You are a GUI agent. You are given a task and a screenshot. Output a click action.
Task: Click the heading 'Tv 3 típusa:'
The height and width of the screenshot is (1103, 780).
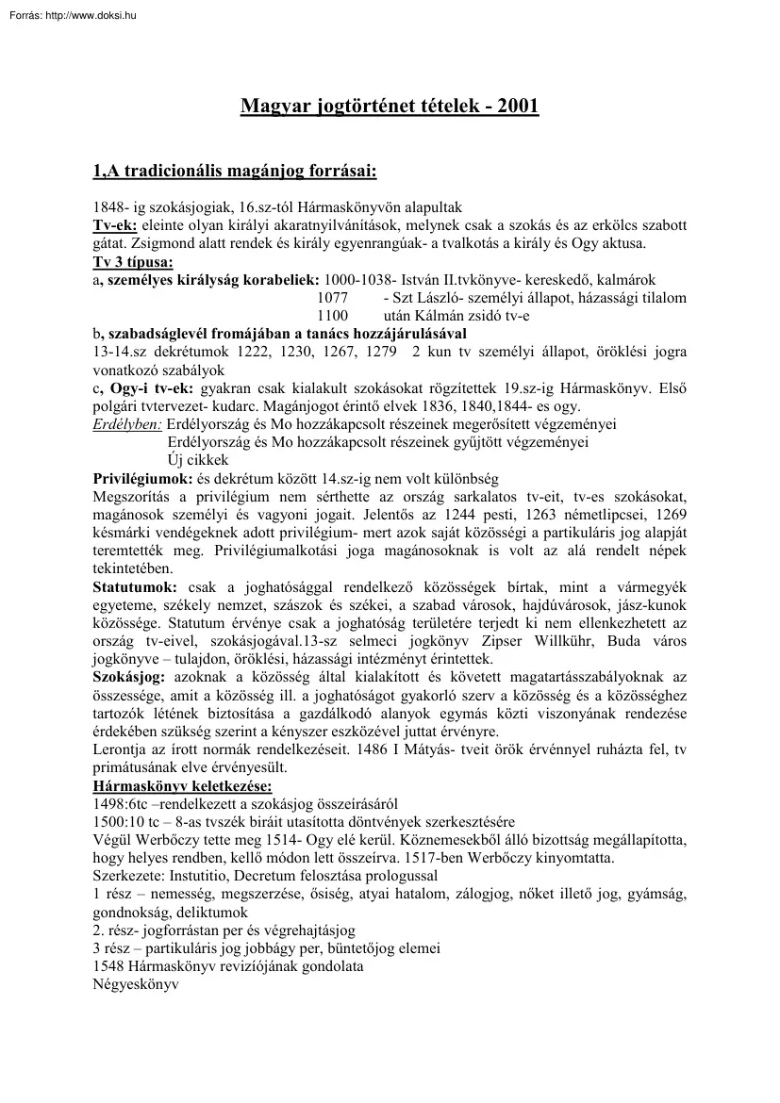pos(132,262)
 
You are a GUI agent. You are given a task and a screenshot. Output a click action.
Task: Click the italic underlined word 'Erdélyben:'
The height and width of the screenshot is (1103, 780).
pos(127,424)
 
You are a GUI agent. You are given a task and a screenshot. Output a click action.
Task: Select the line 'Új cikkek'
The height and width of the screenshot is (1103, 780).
pos(198,460)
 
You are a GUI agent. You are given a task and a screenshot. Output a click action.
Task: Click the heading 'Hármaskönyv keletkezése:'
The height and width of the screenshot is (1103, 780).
pos(182,785)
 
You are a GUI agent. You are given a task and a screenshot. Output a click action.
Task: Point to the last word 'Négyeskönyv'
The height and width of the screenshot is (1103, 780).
pos(136,984)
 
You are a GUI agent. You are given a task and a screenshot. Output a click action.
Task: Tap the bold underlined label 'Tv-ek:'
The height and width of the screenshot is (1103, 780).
pos(115,225)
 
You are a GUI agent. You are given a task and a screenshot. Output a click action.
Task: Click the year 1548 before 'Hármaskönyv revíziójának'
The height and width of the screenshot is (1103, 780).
pos(109,966)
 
